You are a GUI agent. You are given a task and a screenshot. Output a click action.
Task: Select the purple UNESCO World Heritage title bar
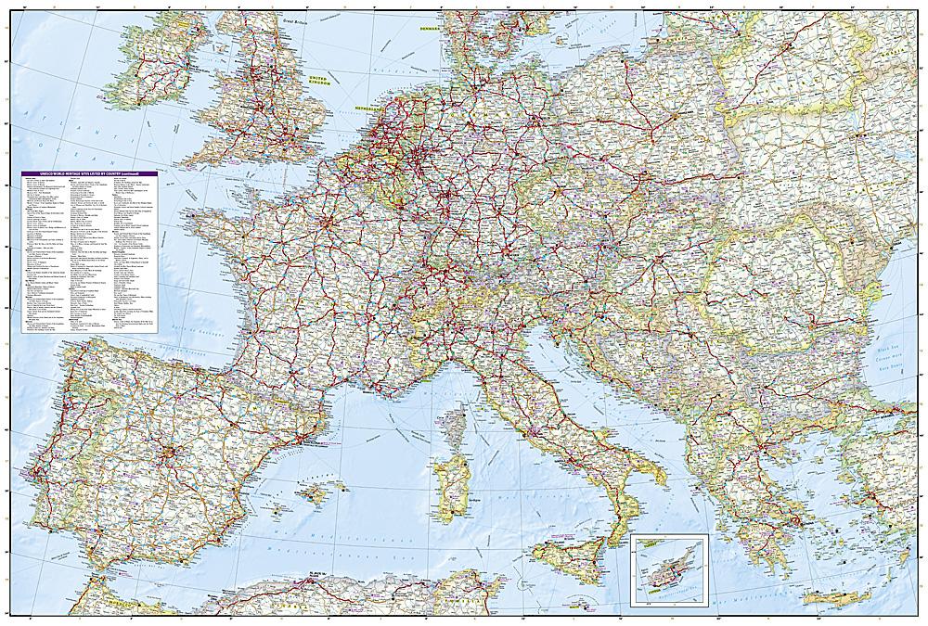tap(87, 174)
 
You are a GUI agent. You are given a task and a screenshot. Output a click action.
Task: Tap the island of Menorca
tap(345, 476)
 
